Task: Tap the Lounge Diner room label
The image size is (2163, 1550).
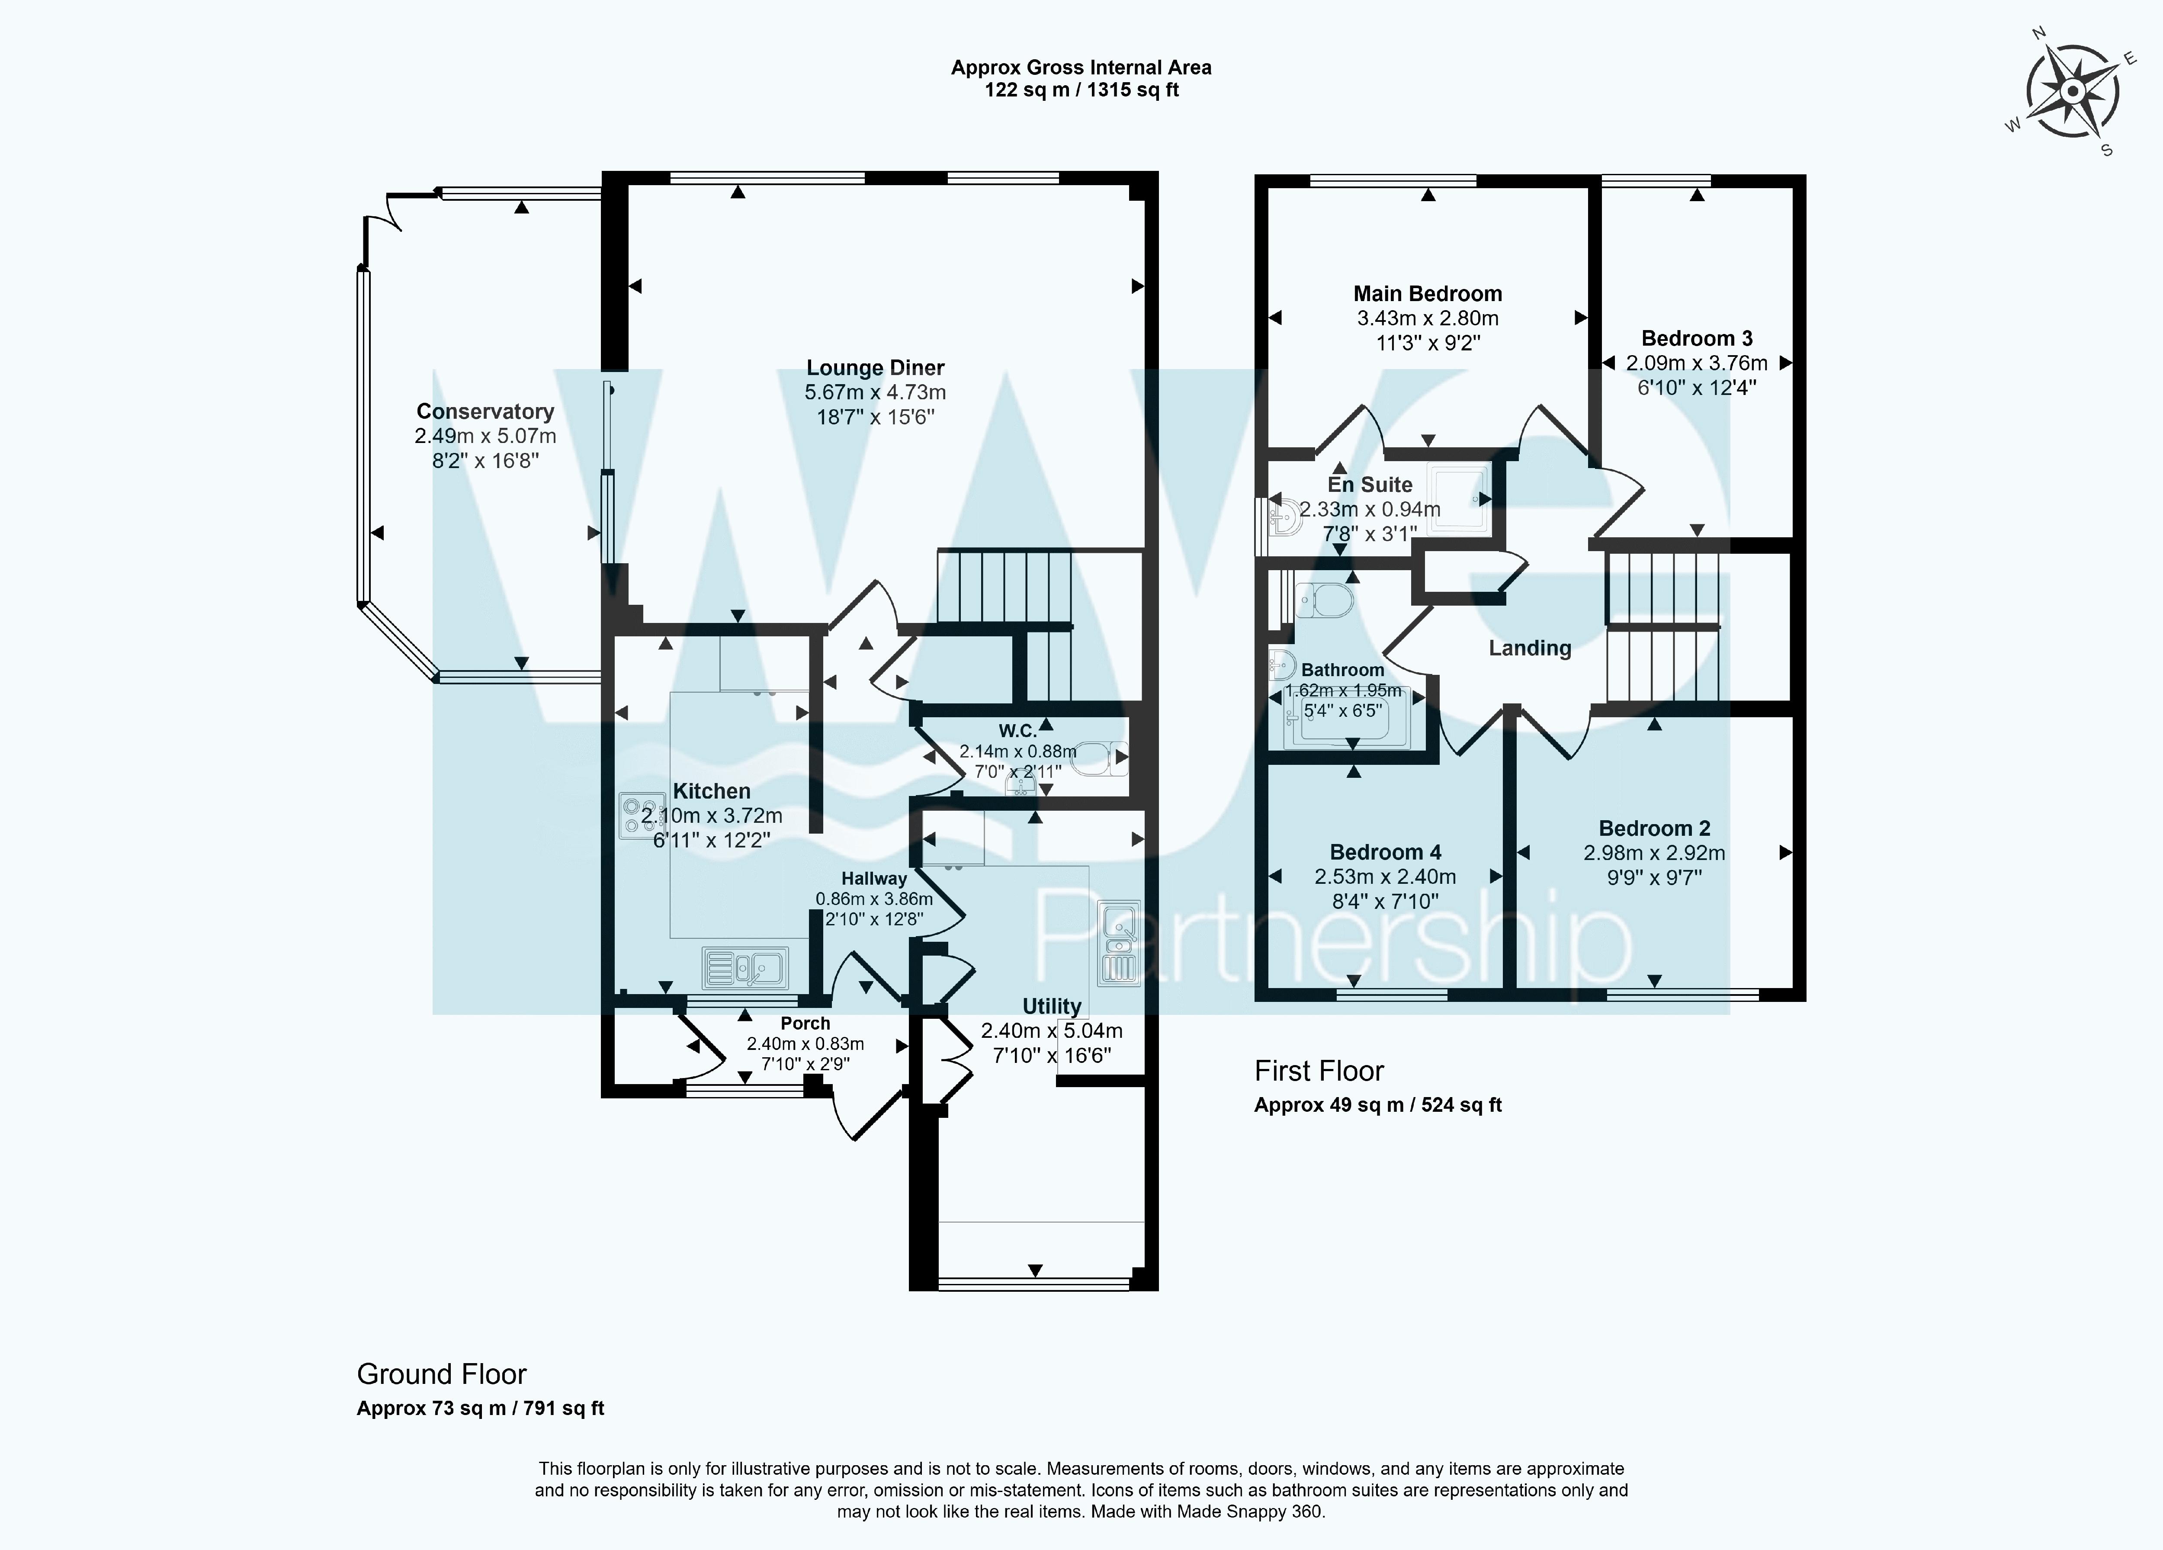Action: click(876, 367)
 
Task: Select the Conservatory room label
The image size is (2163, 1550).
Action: click(485, 411)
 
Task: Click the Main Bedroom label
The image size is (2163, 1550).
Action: click(1428, 294)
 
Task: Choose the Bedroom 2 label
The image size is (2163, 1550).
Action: click(1655, 828)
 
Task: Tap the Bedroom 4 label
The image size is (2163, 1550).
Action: click(1386, 852)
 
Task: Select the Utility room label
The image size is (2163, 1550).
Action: click(1052, 1006)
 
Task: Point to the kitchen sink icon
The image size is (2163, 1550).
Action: click(746, 967)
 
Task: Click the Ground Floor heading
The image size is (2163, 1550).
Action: click(442, 1374)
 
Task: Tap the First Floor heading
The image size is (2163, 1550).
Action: click(1319, 1071)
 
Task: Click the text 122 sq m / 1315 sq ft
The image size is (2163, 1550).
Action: click(1081, 90)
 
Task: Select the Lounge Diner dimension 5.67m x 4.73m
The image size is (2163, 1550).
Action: click(876, 392)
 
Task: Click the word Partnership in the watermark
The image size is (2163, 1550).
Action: click(1332, 940)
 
